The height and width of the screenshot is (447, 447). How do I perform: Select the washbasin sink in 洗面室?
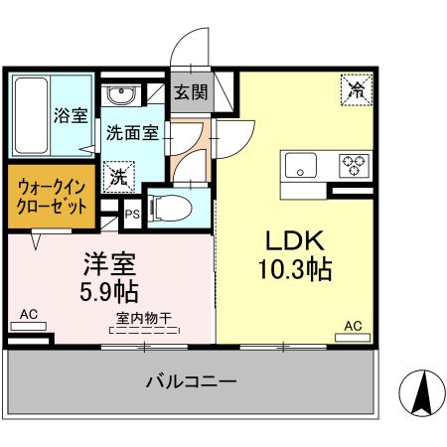[x=123, y=96]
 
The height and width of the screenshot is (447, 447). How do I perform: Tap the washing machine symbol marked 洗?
[x=118, y=177]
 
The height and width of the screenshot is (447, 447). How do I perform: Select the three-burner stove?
[x=355, y=164]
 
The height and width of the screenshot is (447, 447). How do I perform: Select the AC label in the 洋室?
[x=28, y=315]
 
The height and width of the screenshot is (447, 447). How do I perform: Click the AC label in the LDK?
[x=353, y=326]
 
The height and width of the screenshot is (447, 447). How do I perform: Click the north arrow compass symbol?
[x=421, y=394]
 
